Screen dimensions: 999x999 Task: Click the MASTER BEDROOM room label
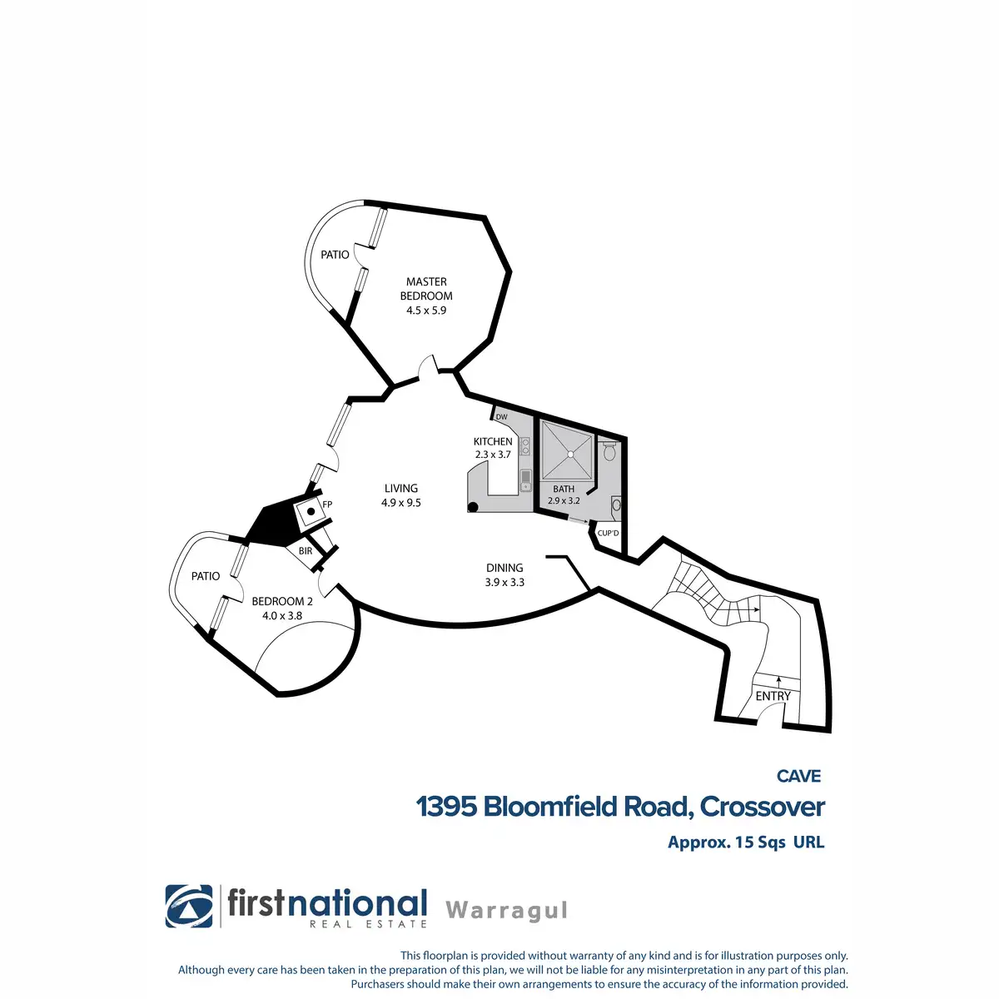point(426,289)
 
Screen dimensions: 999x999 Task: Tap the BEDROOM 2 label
point(282,601)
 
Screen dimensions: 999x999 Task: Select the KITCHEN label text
point(493,441)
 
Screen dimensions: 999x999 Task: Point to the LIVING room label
point(401,489)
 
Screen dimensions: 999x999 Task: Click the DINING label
point(504,568)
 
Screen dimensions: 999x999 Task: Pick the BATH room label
point(564,489)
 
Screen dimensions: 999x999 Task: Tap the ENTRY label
point(773,696)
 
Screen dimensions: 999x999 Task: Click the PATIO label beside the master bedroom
point(335,255)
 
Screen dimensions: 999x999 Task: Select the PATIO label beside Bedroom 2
point(206,576)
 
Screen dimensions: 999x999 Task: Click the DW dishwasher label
point(501,417)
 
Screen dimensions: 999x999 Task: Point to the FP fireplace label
point(327,504)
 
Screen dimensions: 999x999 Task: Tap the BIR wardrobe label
point(305,551)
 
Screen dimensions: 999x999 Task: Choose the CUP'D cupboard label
point(608,533)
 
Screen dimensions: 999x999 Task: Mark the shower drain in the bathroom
point(571,454)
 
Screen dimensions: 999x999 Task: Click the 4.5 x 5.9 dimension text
point(426,311)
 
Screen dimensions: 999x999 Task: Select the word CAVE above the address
point(798,776)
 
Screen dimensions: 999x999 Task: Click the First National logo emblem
point(189,906)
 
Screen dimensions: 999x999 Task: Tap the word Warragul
point(506,910)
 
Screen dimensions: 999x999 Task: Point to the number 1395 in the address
point(445,807)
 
